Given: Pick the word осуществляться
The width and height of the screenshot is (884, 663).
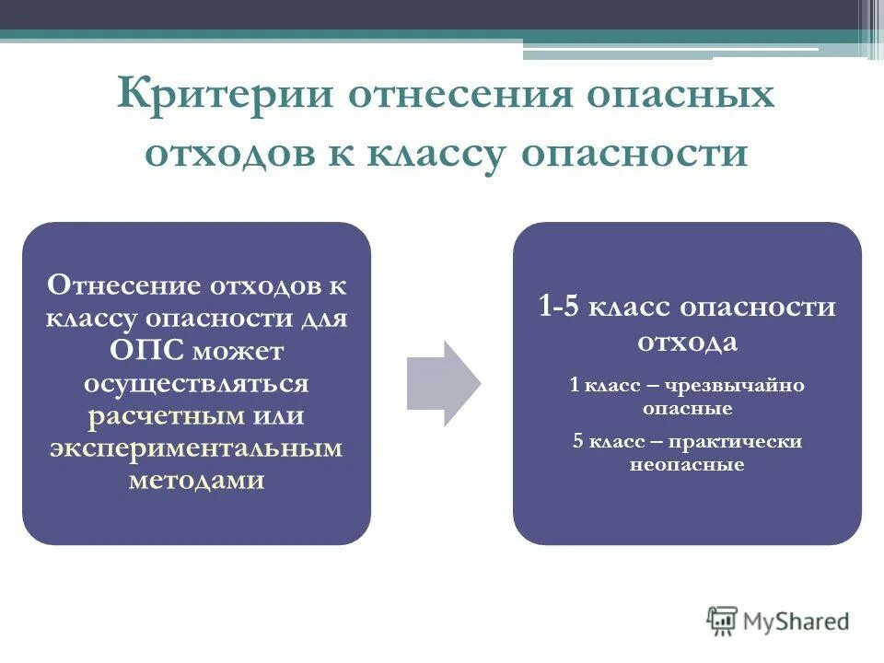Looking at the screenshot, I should [x=196, y=383].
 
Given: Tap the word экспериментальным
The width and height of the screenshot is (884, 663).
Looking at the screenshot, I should [x=196, y=448].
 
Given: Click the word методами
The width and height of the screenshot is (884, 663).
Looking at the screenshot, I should [x=196, y=480].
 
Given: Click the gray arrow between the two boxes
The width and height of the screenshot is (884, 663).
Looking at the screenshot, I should [x=443, y=383].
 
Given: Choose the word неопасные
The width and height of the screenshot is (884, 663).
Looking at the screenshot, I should [x=687, y=465].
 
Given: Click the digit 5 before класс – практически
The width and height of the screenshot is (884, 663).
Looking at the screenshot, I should [x=577, y=442].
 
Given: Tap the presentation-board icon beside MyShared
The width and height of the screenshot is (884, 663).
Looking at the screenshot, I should [x=722, y=621].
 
